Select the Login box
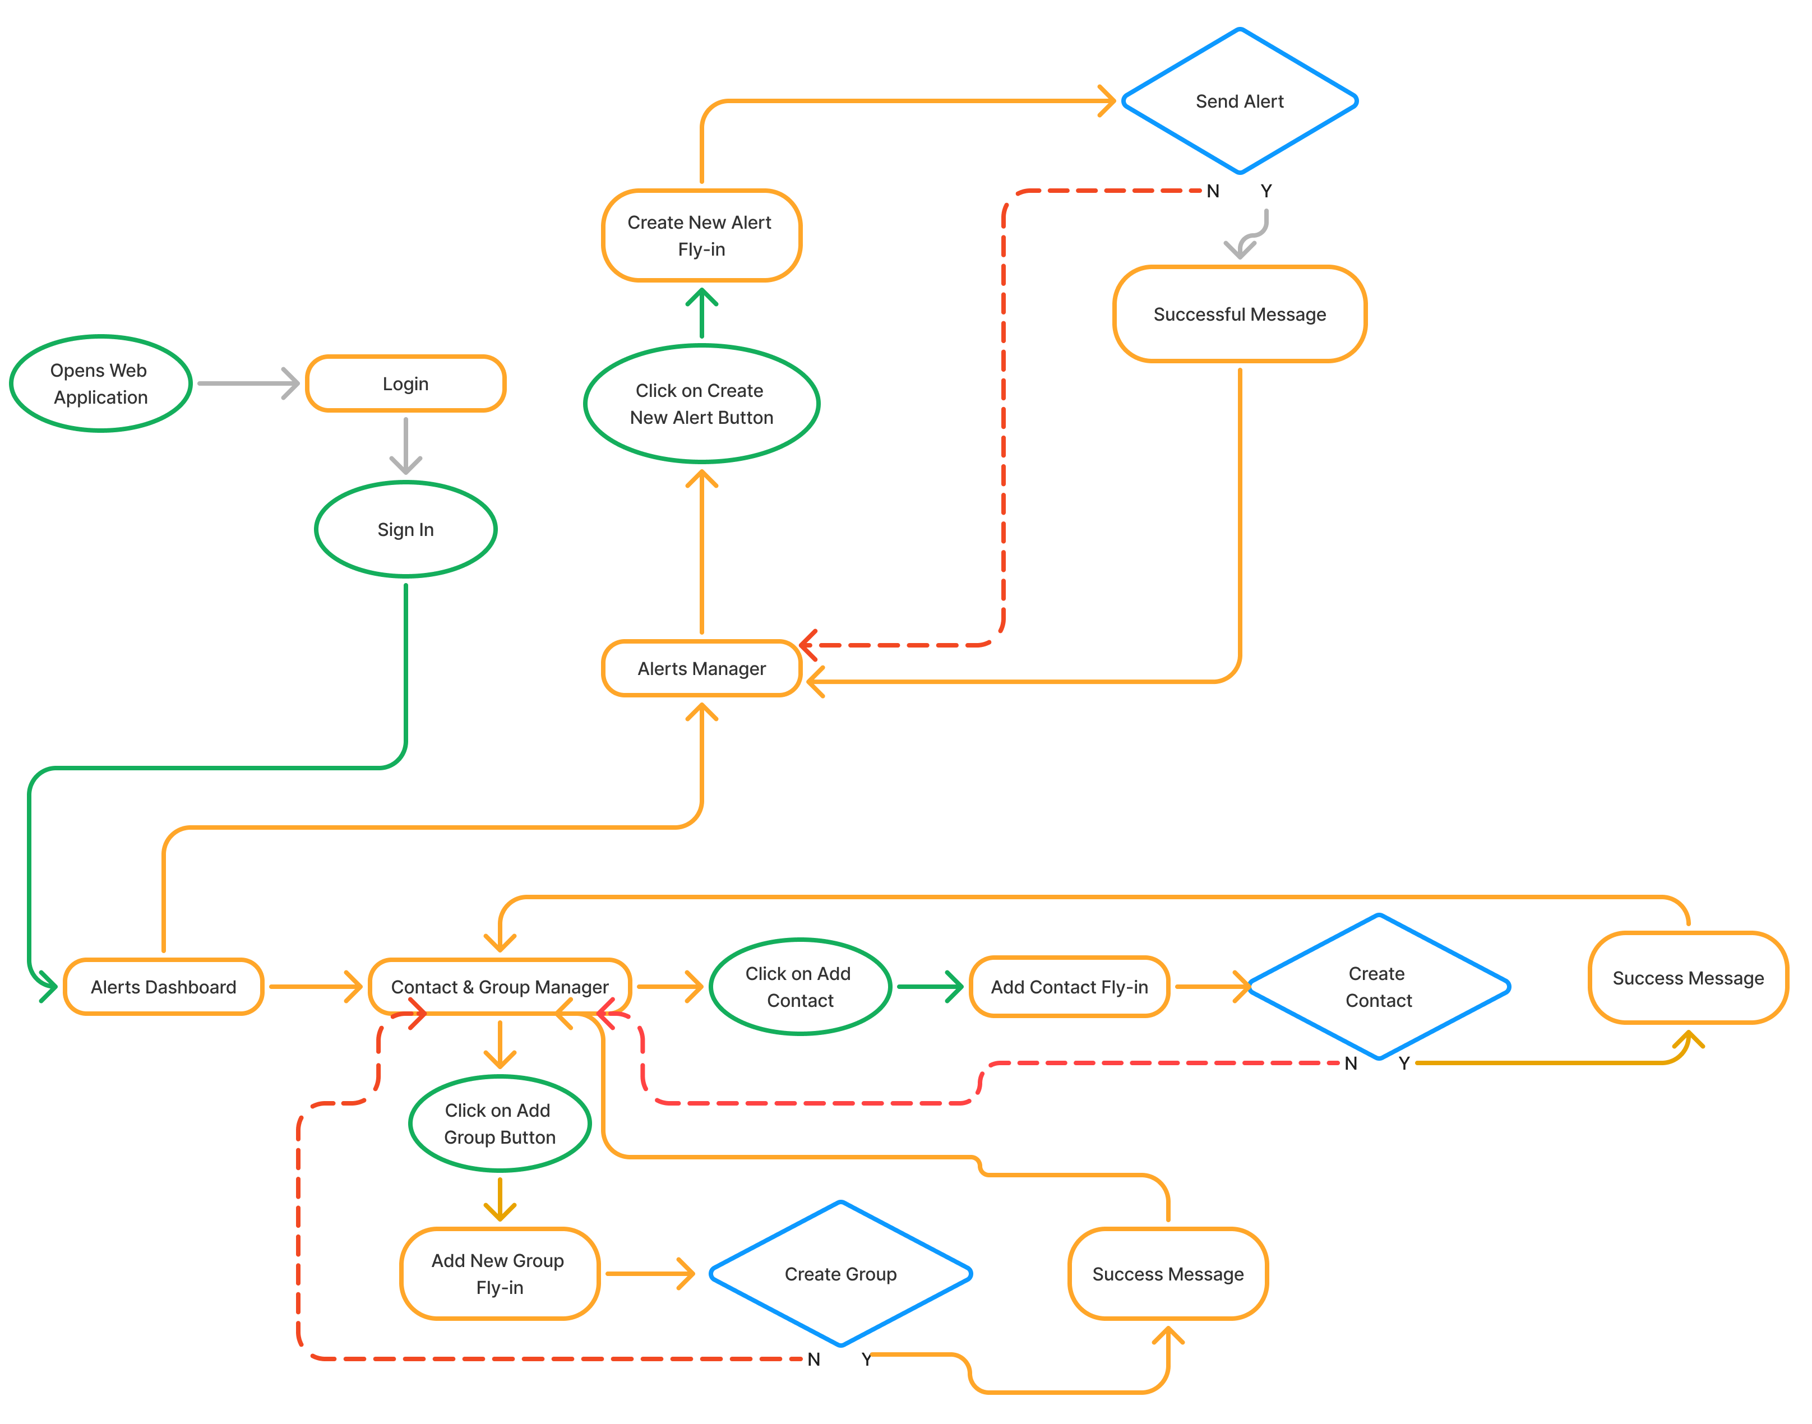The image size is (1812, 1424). tap(405, 383)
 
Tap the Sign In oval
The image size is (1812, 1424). tap(405, 529)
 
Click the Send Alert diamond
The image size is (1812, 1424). tap(1239, 101)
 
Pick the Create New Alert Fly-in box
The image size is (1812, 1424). tap(701, 236)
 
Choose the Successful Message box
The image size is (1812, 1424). tap(1239, 315)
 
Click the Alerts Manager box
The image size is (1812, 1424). tap(701, 669)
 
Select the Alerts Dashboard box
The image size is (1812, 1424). tap(164, 987)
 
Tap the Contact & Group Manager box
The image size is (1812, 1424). tap(500, 987)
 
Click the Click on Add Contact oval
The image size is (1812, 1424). tap(799, 987)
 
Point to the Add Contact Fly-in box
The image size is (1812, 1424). tap(1069, 987)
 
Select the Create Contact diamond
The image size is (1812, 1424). tap(1379, 987)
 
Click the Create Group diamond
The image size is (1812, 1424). tap(840, 1274)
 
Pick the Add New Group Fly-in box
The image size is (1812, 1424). tap(500, 1274)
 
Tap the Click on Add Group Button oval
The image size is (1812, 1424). tap(500, 1124)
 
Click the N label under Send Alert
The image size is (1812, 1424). tap(1213, 192)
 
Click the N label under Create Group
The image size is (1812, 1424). tap(814, 1360)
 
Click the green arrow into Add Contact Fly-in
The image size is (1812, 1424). tap(929, 987)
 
